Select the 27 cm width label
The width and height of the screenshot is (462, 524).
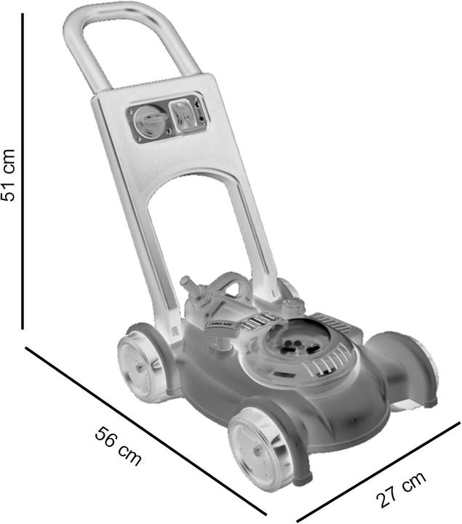point(400,491)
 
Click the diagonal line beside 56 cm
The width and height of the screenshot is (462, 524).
point(146,429)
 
